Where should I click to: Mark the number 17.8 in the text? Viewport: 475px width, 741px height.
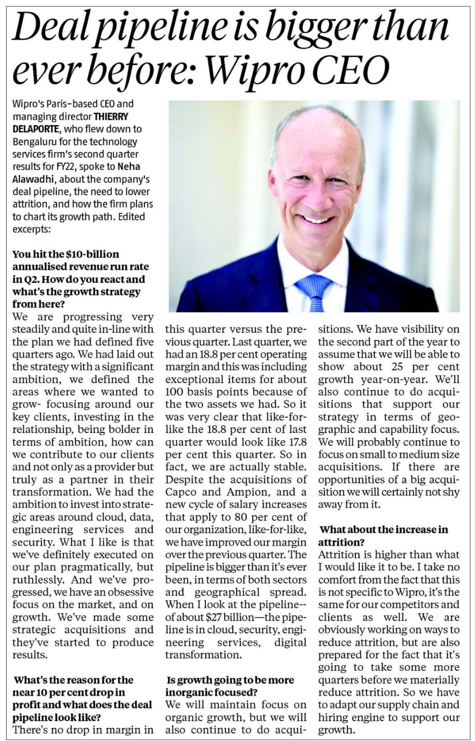pyautogui.click(x=296, y=442)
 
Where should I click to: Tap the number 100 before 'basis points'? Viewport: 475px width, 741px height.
pyautogui.click(x=174, y=391)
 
